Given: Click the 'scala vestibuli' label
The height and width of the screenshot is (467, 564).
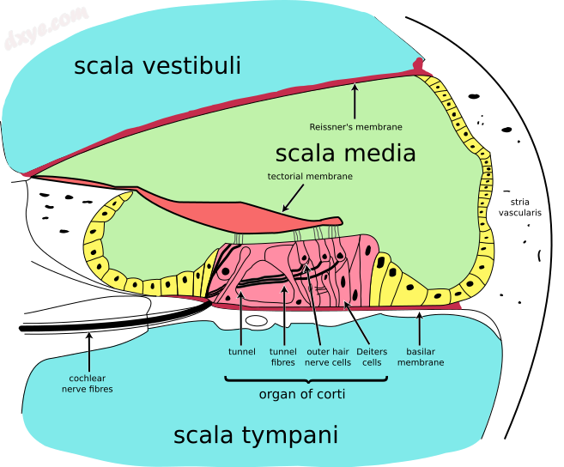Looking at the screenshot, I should pyautogui.click(x=157, y=66).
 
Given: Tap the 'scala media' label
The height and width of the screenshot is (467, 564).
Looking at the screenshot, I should pyautogui.click(x=345, y=154).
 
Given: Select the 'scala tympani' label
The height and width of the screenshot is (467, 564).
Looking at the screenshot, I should pyautogui.click(x=256, y=435).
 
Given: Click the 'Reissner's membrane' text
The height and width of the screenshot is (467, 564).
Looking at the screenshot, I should pyautogui.click(x=355, y=127).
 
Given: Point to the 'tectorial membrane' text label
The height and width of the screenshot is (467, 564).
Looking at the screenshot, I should pyautogui.click(x=310, y=177).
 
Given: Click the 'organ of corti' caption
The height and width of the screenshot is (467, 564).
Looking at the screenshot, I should pyautogui.click(x=296, y=395).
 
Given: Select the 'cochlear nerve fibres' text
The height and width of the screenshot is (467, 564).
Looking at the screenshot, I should pyautogui.click(x=87, y=383).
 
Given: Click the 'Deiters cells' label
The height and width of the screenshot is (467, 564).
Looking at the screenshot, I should pyautogui.click(x=372, y=357).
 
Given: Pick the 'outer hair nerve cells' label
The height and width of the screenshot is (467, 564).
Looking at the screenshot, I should pyautogui.click(x=328, y=357).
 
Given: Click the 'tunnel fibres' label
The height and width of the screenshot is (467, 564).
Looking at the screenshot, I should pyautogui.click(x=283, y=357).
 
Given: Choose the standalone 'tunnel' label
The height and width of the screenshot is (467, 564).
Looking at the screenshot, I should pyautogui.click(x=242, y=351).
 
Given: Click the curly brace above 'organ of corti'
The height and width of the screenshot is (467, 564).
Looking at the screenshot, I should pyautogui.click(x=296, y=379).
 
